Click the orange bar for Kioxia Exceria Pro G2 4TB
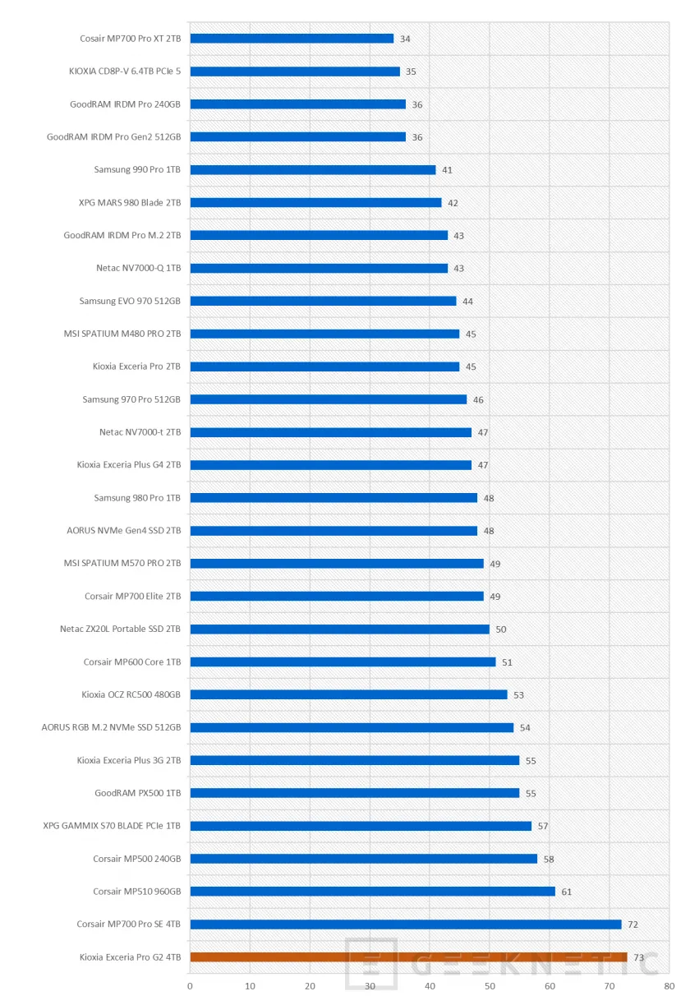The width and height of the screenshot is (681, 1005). pos(408,957)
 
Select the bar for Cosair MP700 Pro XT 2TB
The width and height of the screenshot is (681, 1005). pos(292,39)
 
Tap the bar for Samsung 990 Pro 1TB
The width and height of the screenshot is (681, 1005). pos(313,170)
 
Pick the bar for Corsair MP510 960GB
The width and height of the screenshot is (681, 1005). pos(372,892)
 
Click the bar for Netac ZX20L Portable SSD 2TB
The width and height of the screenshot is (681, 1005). pos(339,629)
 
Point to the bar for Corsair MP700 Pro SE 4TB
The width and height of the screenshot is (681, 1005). pos(406,924)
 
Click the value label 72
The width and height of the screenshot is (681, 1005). pos(633,925)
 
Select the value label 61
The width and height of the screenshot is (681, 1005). pos(567,892)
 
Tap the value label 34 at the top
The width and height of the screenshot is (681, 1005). pos(405,39)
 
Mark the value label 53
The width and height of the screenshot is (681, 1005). pos(518,695)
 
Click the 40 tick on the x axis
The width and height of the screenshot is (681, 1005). pos(430,986)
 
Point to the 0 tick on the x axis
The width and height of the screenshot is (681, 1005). pos(190,986)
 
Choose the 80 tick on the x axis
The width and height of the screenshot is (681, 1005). pos(669,986)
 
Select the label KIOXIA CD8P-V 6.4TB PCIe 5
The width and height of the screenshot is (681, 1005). pos(125,71)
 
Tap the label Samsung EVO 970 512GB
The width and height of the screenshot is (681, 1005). pos(130,301)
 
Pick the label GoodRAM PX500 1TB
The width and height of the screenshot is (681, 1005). pos(137,793)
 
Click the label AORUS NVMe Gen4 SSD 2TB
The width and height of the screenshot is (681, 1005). pos(124,531)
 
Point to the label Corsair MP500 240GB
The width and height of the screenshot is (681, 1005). pos(136,859)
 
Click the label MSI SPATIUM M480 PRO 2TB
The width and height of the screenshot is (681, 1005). pos(122,334)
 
